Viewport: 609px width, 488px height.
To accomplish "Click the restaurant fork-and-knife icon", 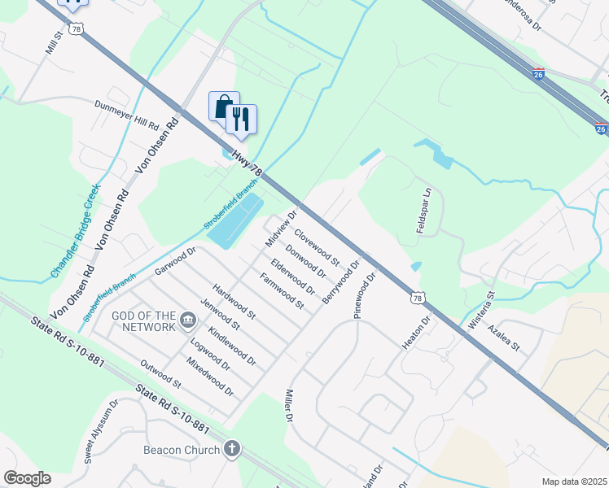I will click(x=241, y=119).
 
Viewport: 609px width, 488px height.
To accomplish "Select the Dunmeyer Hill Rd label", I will click(x=126, y=115).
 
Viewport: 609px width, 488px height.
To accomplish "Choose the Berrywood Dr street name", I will click(x=340, y=282).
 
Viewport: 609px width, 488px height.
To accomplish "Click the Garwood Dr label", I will click(x=177, y=260).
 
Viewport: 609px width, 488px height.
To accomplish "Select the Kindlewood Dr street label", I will click(x=232, y=346).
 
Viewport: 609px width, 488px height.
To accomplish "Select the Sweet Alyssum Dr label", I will click(x=101, y=432).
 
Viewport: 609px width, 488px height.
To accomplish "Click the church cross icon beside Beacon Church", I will click(x=232, y=449).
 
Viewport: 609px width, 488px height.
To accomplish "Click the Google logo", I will click(x=27, y=477).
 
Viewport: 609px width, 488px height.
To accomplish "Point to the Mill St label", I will click(x=53, y=54).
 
